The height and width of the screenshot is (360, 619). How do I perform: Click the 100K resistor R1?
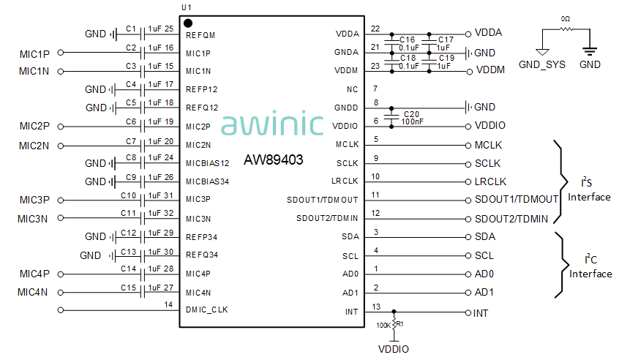(x=394, y=323)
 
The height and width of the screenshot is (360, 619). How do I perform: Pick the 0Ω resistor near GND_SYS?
(x=566, y=29)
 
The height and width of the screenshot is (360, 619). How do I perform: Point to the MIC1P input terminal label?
(x=34, y=53)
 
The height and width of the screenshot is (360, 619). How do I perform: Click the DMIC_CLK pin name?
(x=206, y=310)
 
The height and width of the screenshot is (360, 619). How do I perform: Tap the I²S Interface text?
(x=589, y=190)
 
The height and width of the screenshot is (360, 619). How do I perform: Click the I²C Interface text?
(x=590, y=267)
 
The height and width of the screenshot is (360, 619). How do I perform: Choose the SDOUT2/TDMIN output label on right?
(x=517, y=219)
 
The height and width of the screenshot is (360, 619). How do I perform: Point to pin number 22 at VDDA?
(x=375, y=29)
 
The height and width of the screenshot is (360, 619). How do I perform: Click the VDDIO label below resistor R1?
(x=394, y=350)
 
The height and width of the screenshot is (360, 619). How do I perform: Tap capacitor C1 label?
(x=131, y=29)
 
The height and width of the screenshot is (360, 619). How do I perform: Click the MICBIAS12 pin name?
(x=208, y=162)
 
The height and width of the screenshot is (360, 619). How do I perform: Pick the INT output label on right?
(x=481, y=313)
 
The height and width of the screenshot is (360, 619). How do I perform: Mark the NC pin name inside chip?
(x=353, y=89)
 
